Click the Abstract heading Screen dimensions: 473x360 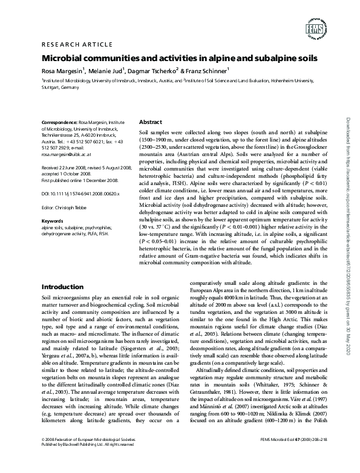click(x=150, y=122)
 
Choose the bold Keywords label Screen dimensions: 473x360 click(x=53, y=221)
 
